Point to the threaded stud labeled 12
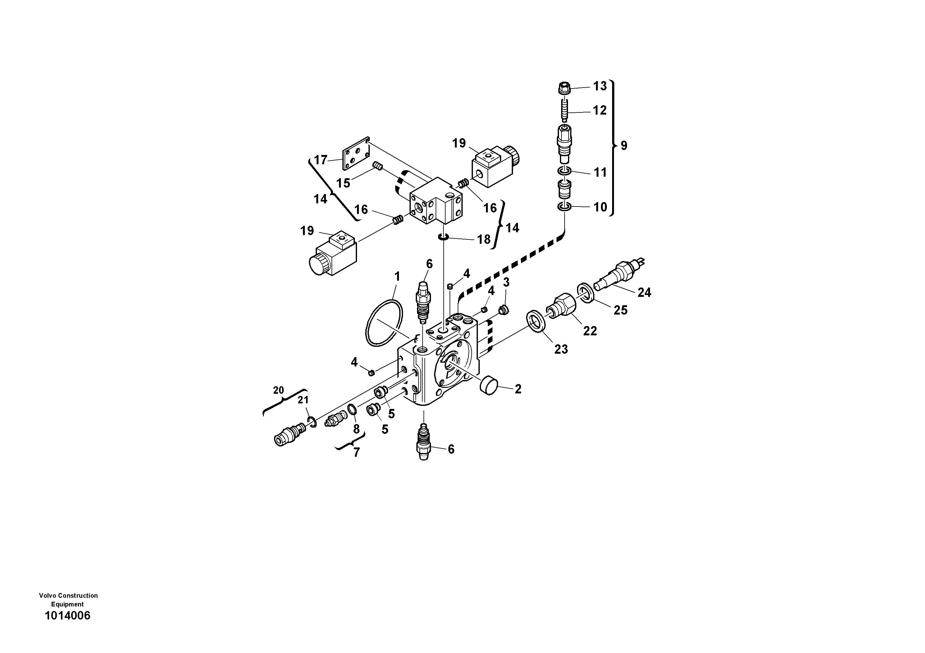(x=565, y=110)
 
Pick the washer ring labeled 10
(x=565, y=207)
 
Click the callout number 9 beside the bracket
(x=624, y=145)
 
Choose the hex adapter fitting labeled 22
(x=561, y=306)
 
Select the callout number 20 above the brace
(x=278, y=390)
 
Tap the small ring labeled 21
(x=311, y=422)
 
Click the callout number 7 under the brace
(x=356, y=452)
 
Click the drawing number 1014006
(x=68, y=615)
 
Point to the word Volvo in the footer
(x=48, y=596)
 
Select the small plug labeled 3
(x=503, y=310)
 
